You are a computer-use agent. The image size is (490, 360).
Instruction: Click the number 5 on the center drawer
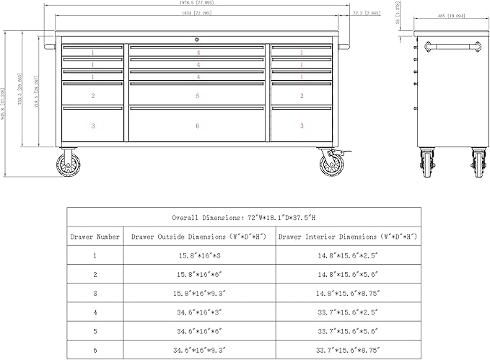pyautogui.click(x=198, y=95)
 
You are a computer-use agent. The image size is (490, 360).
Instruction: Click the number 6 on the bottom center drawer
pyautogui.click(x=198, y=126)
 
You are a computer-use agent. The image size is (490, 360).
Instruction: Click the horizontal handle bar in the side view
pyautogui.click(x=453, y=47)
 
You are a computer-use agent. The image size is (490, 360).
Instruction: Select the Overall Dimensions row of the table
pyautogui.click(x=244, y=217)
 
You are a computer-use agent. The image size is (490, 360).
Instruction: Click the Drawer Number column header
pyautogui.click(x=95, y=236)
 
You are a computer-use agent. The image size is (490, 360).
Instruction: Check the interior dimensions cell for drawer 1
pyautogui.click(x=349, y=255)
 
